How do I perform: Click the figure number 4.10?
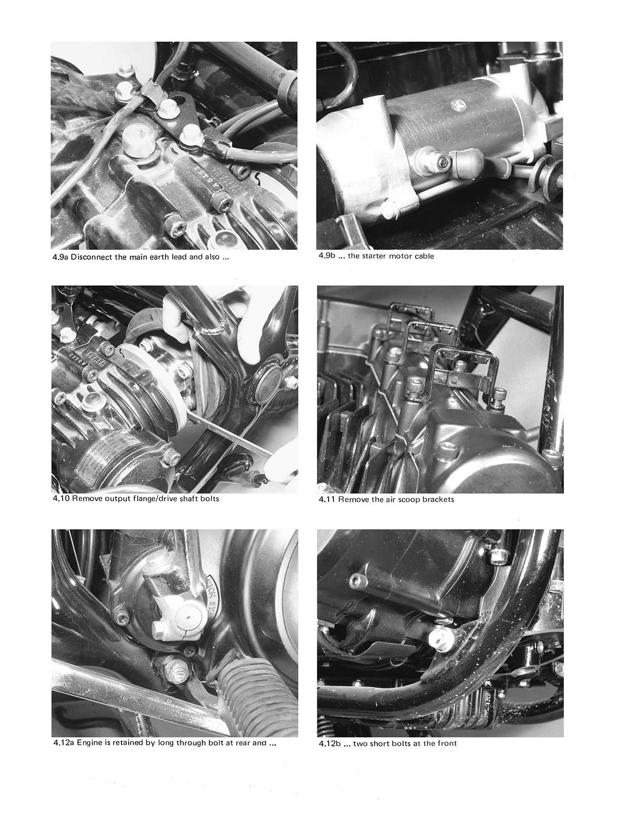(61, 499)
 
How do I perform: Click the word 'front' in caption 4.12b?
(446, 744)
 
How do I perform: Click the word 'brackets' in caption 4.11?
(437, 500)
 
